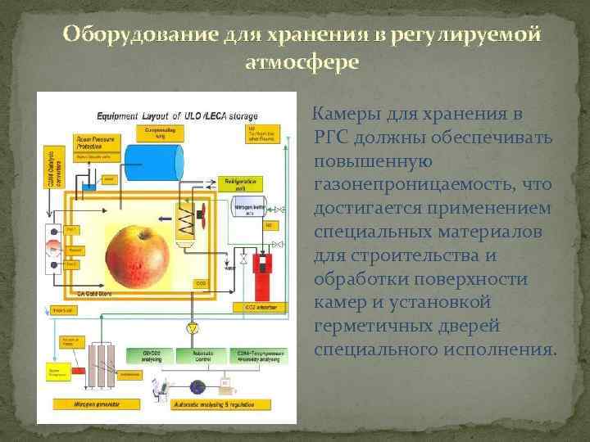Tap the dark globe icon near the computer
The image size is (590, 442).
click(x=196, y=386)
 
